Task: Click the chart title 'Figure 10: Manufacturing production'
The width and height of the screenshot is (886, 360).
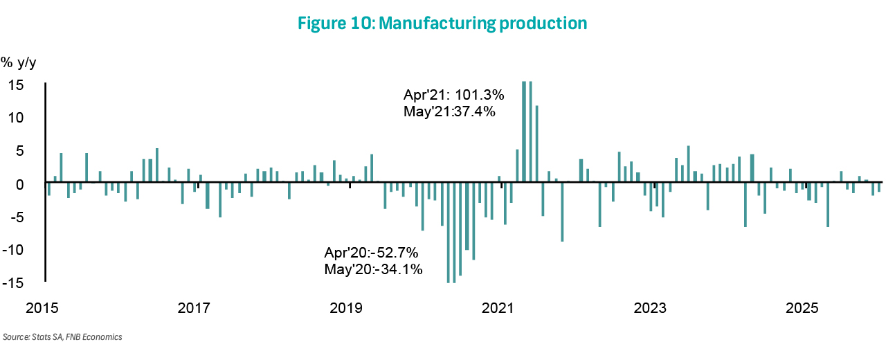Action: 442,24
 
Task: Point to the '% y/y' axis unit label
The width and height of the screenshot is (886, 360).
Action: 19,63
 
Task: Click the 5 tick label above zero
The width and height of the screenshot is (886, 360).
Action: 20,151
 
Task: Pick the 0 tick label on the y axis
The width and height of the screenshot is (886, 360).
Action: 20,184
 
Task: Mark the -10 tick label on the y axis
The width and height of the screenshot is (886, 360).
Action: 15,250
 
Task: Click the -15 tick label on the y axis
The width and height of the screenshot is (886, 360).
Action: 15,282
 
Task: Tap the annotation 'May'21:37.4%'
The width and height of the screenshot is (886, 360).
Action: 449,111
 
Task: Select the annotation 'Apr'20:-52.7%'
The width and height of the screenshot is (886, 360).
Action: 371,253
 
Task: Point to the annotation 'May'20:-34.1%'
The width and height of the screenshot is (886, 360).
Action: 373,269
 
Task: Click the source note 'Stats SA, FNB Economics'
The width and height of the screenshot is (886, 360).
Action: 63,337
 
